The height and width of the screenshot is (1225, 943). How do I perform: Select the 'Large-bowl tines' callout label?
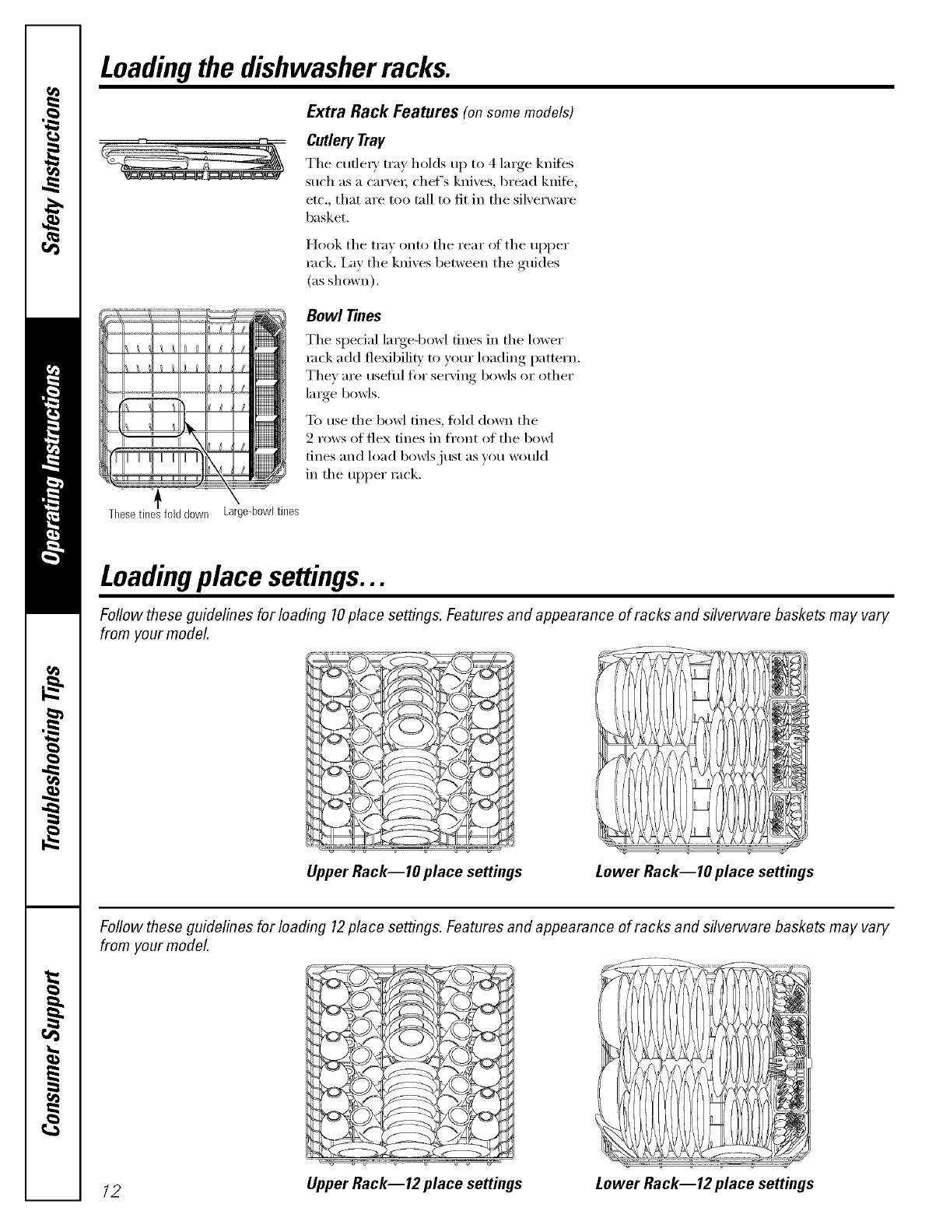(260, 511)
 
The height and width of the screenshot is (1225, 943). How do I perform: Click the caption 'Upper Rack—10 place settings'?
(415, 871)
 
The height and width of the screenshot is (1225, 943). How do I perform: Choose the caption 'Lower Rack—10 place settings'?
(704, 871)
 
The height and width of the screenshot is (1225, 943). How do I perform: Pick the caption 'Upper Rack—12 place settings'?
(415, 1183)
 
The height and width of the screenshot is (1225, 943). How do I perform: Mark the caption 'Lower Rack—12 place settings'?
(704, 1183)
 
